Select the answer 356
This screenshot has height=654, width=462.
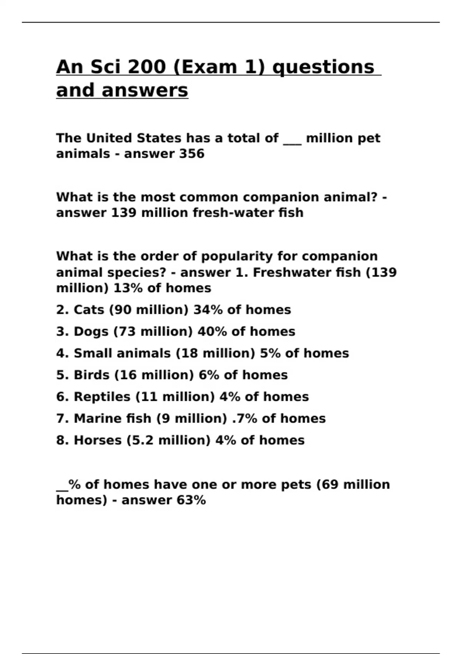(192, 154)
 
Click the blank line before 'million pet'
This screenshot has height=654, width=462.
(292, 138)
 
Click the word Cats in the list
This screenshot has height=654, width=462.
(89, 310)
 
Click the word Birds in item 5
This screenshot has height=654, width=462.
(92, 375)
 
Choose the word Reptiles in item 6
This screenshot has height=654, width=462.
(102, 397)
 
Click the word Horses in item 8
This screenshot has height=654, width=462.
(98, 440)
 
